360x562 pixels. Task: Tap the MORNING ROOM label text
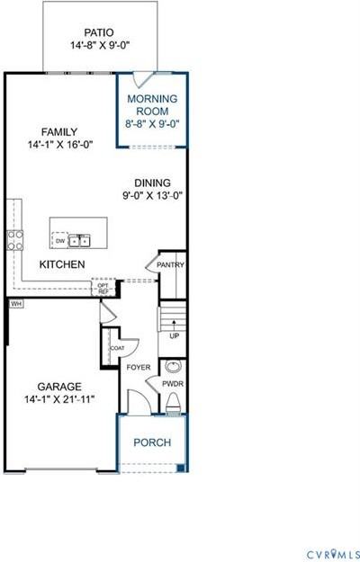point(152,104)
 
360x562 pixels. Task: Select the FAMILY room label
point(58,131)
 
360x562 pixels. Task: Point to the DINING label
point(153,181)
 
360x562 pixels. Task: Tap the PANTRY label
point(171,264)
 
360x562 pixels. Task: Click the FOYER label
point(139,367)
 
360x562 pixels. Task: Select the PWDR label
point(174,383)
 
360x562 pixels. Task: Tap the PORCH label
point(152,442)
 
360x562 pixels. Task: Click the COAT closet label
point(117,348)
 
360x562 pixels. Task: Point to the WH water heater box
point(16,304)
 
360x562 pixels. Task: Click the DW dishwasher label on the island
point(60,241)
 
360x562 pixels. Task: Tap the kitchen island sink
point(80,240)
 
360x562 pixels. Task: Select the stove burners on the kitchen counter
point(15,238)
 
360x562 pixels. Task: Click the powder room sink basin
point(174,368)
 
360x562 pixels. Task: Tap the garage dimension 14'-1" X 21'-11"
point(59,398)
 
